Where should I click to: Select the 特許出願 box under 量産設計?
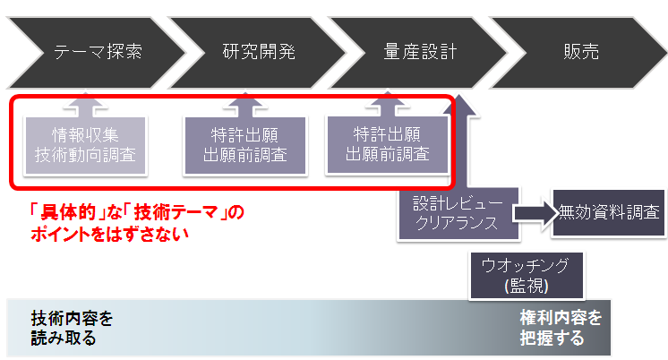387,144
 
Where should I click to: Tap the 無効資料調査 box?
609,213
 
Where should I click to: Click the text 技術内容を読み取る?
72,329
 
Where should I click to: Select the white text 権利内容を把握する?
560,329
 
